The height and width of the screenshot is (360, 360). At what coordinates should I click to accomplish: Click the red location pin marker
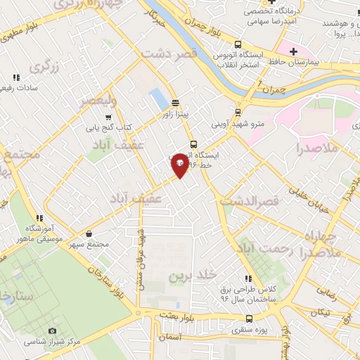[x=180, y=165]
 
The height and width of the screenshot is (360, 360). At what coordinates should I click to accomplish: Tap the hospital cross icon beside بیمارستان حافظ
[x=293, y=51]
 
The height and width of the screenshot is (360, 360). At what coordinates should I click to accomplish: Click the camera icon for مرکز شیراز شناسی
[x=52, y=330]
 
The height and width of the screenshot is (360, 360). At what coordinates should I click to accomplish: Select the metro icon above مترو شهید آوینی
[x=238, y=111]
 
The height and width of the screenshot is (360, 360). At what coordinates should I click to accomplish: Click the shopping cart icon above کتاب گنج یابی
[x=108, y=117]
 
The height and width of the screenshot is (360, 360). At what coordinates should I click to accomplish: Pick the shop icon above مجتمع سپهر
[x=89, y=233]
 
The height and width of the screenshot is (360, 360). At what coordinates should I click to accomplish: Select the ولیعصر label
[x=94, y=102]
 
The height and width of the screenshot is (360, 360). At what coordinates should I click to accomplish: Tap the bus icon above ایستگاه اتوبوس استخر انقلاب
[x=238, y=43]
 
